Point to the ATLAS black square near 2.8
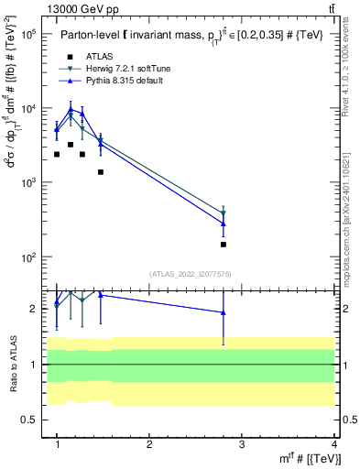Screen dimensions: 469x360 (224, 245)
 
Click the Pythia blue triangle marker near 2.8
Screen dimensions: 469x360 (224, 224)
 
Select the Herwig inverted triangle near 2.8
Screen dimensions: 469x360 (224, 213)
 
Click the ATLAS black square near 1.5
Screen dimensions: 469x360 (101, 171)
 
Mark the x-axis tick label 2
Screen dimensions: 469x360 (149, 444)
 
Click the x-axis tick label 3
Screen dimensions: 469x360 (242, 444)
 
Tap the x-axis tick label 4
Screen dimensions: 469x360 (333, 444)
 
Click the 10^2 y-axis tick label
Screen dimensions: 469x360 (27, 257)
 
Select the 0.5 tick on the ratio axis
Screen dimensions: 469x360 (29, 420)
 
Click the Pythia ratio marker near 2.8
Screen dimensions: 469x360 (224, 312)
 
